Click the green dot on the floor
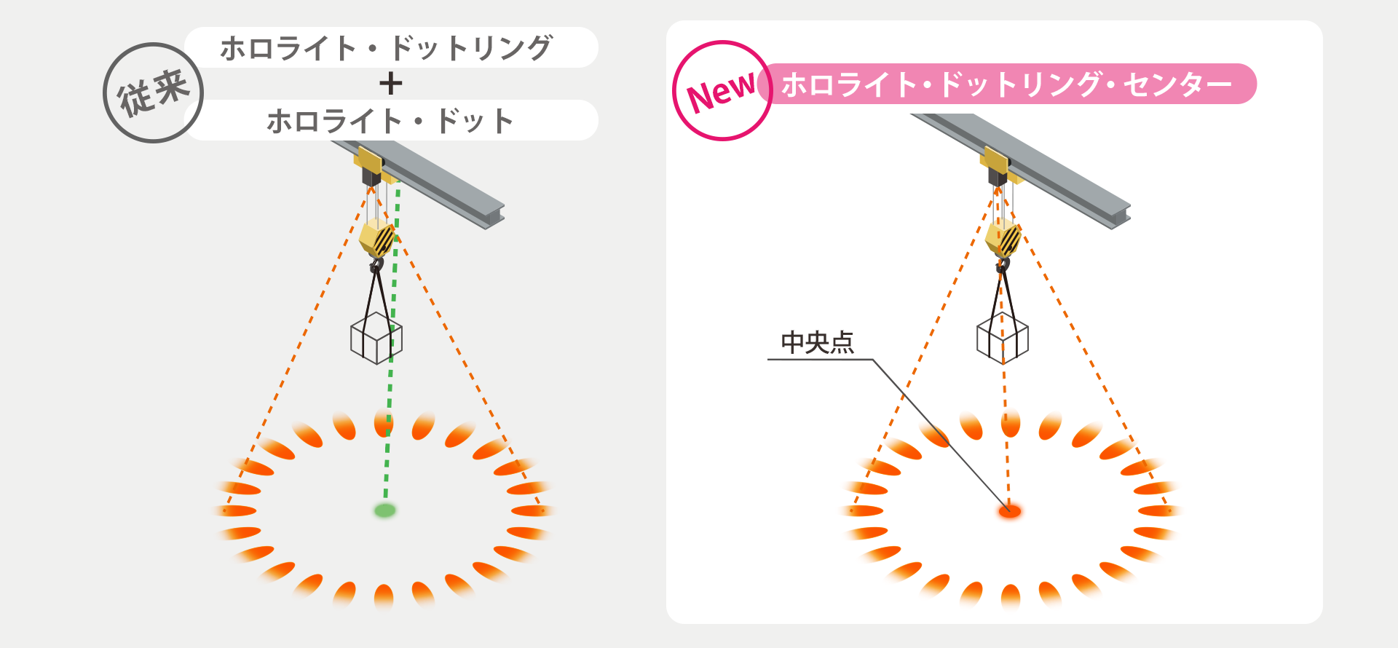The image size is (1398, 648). [x=384, y=510]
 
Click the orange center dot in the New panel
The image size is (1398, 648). [x=1010, y=511]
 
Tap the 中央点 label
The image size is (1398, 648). [x=817, y=342]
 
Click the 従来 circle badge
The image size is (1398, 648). [x=153, y=92]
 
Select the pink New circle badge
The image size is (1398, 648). [x=722, y=91]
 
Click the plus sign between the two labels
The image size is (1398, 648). [x=391, y=84]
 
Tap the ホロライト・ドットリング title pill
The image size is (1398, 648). [x=390, y=48]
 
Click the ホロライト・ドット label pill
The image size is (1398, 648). [x=390, y=121]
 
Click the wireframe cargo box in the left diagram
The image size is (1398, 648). [x=376, y=339]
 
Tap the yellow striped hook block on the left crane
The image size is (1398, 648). [x=376, y=237]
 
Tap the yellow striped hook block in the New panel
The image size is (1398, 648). [x=1003, y=237]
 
